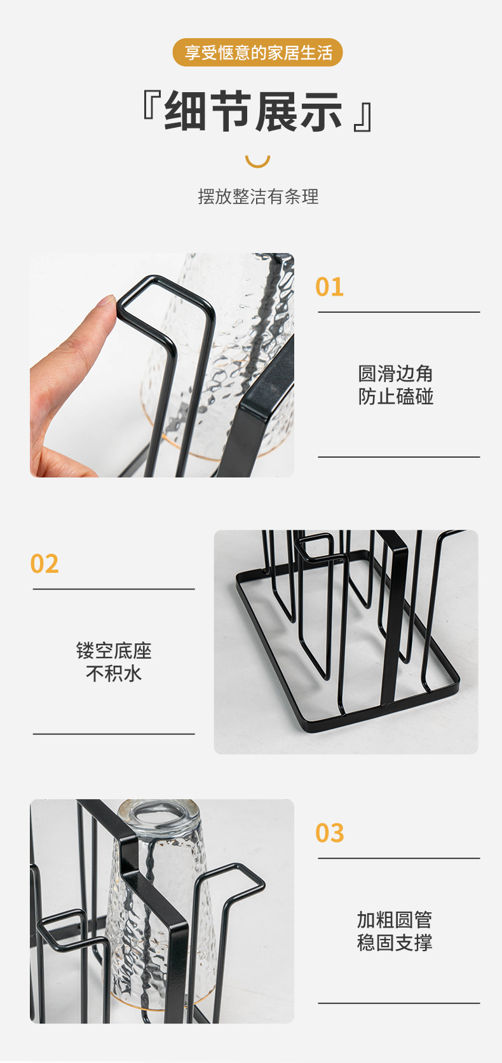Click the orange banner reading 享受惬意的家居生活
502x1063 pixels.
(257, 53)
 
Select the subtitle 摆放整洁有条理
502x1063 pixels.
(258, 197)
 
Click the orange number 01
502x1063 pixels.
(329, 287)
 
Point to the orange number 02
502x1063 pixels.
(44, 564)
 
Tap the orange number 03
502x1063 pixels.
(329, 833)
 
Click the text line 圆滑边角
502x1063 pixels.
(395, 373)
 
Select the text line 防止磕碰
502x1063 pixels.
(395, 397)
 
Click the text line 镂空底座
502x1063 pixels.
(114, 650)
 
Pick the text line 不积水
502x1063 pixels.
(114, 674)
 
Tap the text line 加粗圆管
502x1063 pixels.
(395, 919)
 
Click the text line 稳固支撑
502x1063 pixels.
(395, 942)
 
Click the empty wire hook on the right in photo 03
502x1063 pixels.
(245, 881)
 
